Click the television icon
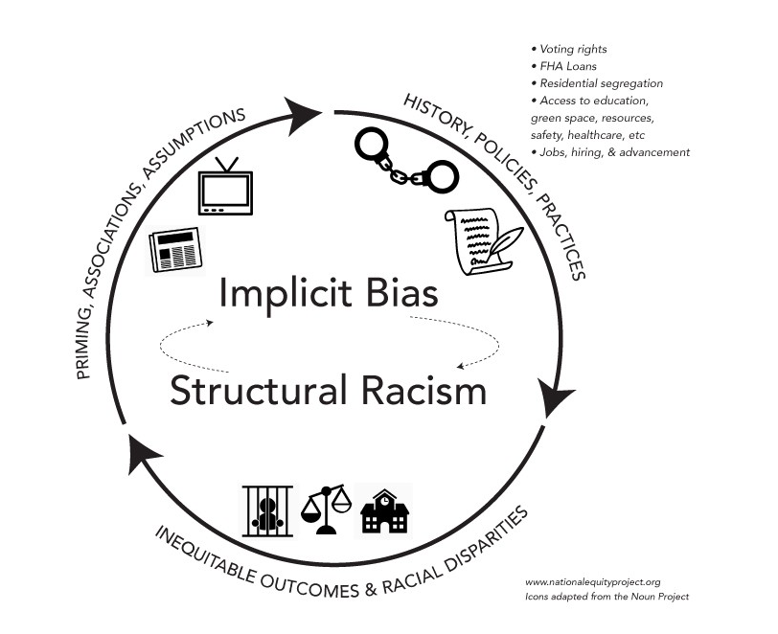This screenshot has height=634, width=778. (224, 188)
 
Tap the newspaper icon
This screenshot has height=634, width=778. (175, 251)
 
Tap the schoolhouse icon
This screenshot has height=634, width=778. (384, 511)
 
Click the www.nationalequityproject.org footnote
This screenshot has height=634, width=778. (593, 581)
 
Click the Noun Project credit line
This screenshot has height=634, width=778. (606, 597)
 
